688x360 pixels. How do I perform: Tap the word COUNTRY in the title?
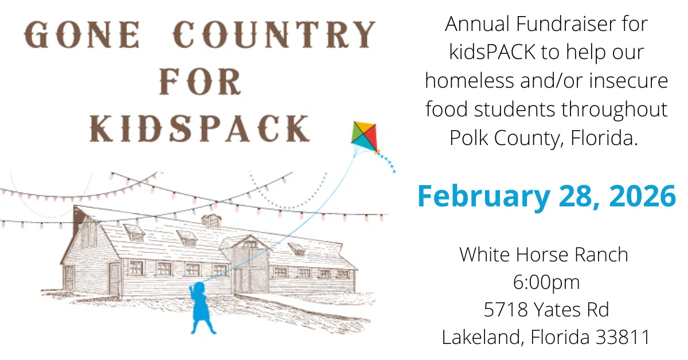click(274, 36)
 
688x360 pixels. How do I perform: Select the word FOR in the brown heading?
click(200, 83)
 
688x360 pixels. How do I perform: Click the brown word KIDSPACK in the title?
click(200, 128)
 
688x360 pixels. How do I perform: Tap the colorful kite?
click(365, 138)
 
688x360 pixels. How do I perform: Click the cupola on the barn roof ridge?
click(211, 221)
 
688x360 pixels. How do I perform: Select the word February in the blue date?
click(483, 196)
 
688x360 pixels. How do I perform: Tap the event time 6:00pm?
click(546, 281)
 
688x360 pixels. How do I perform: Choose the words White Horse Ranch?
click(544, 254)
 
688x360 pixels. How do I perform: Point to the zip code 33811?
click(623, 337)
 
